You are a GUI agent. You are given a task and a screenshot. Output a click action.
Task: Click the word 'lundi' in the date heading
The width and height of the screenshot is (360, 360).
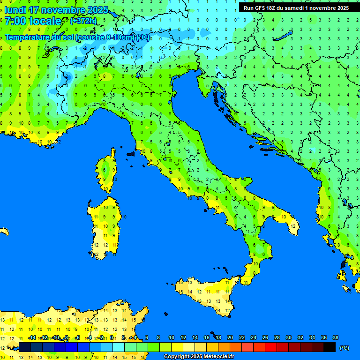[17, 10]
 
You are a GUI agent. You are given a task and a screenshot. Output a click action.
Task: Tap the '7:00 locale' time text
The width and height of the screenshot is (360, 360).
[33, 21]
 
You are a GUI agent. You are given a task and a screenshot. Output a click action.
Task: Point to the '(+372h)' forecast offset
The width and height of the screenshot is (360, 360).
[83, 21]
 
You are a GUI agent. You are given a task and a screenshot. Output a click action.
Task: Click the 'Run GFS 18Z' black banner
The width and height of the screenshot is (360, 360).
[296, 8]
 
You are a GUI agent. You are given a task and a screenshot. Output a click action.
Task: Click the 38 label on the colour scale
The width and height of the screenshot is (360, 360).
[336, 337]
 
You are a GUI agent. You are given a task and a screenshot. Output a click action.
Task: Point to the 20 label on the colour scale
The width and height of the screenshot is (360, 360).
[230, 337]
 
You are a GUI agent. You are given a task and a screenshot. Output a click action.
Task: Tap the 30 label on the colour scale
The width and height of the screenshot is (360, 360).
[289, 337]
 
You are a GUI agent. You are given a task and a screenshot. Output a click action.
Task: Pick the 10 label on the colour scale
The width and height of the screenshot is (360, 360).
[172, 337]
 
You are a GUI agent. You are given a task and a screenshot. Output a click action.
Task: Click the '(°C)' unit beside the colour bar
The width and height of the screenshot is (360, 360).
[344, 348]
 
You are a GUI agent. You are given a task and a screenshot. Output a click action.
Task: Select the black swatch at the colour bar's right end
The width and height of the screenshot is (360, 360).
[330, 347]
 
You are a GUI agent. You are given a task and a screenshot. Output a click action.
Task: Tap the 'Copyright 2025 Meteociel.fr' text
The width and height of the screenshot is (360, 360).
[199, 357]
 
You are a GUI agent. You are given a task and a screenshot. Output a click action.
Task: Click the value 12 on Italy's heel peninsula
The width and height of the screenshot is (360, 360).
[293, 226]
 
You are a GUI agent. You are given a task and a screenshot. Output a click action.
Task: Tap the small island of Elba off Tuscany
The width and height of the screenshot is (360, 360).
[131, 153]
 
